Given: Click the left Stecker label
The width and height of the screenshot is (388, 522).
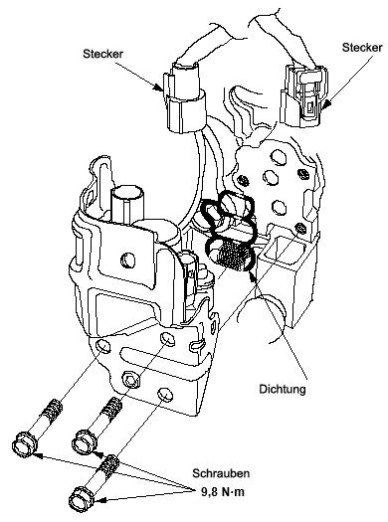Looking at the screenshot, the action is pyautogui.click(x=102, y=54).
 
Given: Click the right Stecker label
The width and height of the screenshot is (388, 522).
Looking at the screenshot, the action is pyautogui.click(x=362, y=48).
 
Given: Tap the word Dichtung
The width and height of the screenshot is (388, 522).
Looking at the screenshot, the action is pyautogui.click(x=283, y=389).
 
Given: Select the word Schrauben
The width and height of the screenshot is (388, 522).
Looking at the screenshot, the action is pyautogui.click(x=221, y=473).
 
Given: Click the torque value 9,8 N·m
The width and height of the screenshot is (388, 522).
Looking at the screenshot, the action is pyautogui.click(x=223, y=492).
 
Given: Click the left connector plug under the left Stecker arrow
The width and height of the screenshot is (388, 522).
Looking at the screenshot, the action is pyautogui.click(x=184, y=97).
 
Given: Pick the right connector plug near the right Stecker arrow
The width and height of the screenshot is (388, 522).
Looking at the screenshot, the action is pyautogui.click(x=303, y=95).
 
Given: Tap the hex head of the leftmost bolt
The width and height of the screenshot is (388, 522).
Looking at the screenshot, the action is pyautogui.click(x=25, y=443).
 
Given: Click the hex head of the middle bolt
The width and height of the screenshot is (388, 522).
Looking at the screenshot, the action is pyautogui.click(x=85, y=440).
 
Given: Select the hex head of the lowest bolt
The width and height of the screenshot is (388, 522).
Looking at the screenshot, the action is pyautogui.click(x=82, y=499).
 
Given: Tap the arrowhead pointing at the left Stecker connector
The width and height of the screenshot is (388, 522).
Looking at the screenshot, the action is pyautogui.click(x=159, y=87).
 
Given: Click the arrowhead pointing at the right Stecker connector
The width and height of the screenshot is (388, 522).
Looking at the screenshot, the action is pyautogui.click(x=327, y=104).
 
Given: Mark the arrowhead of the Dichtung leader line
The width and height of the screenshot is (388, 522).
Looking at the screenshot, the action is pyautogui.click(x=252, y=271).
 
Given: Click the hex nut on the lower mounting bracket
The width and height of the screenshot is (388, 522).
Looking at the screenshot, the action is pyautogui.click(x=131, y=380).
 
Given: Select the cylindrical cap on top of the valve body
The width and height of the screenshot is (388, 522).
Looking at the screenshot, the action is pyautogui.click(x=127, y=204).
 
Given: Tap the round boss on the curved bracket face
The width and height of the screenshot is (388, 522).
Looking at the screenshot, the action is pyautogui.click(x=127, y=260).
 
